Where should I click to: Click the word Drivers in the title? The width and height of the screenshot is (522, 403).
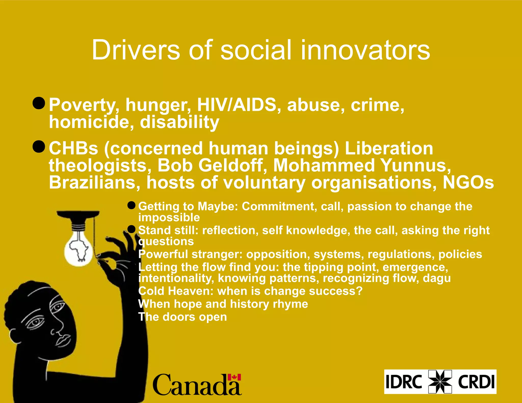(x=136, y=50)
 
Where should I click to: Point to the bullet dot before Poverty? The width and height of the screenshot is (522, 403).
(x=39, y=103)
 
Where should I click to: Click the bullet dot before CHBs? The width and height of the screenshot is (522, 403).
(x=39, y=146)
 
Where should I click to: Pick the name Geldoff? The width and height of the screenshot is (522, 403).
(x=231, y=165)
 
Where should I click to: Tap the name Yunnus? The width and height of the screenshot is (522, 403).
(x=416, y=165)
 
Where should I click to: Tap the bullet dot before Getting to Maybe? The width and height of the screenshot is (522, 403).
(x=131, y=205)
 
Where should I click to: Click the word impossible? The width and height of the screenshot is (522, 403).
(x=169, y=218)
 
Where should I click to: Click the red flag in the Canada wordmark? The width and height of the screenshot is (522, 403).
(x=234, y=377)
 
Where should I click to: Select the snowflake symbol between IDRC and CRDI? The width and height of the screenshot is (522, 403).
(x=440, y=382)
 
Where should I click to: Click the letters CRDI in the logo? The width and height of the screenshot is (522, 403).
(x=476, y=382)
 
